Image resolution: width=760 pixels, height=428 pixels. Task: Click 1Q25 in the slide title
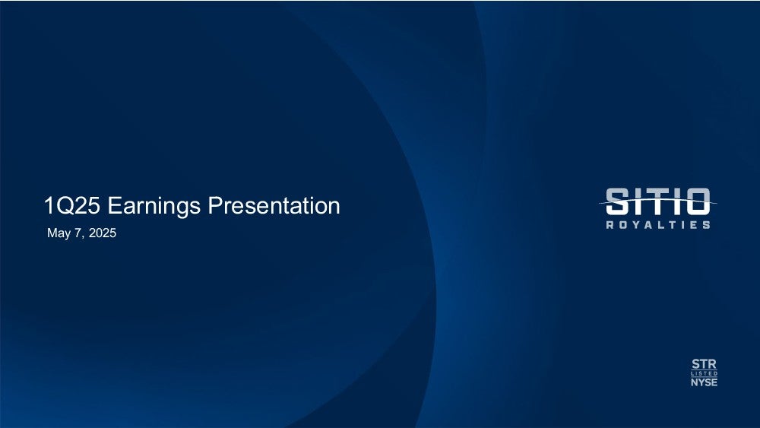[72, 205]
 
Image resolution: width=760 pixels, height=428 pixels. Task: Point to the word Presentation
[274, 205]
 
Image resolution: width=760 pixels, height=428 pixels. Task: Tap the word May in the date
[59, 233]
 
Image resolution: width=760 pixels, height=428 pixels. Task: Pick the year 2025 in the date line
[103, 233]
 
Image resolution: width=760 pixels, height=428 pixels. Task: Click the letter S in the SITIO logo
[617, 201]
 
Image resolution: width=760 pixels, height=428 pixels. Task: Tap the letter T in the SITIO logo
[657, 201]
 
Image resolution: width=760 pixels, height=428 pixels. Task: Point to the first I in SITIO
[637, 201]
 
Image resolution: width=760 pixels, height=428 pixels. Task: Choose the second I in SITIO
[676, 201]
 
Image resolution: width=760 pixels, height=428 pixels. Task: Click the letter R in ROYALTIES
[610, 225]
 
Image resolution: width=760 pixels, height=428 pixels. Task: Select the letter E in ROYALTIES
[695, 225]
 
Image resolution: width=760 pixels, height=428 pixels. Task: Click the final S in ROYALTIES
[707, 225]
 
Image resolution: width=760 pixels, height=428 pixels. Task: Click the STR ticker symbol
[705, 364]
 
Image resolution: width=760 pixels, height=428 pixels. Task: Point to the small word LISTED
[705, 374]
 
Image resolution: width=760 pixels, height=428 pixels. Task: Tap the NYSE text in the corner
[705, 382]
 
